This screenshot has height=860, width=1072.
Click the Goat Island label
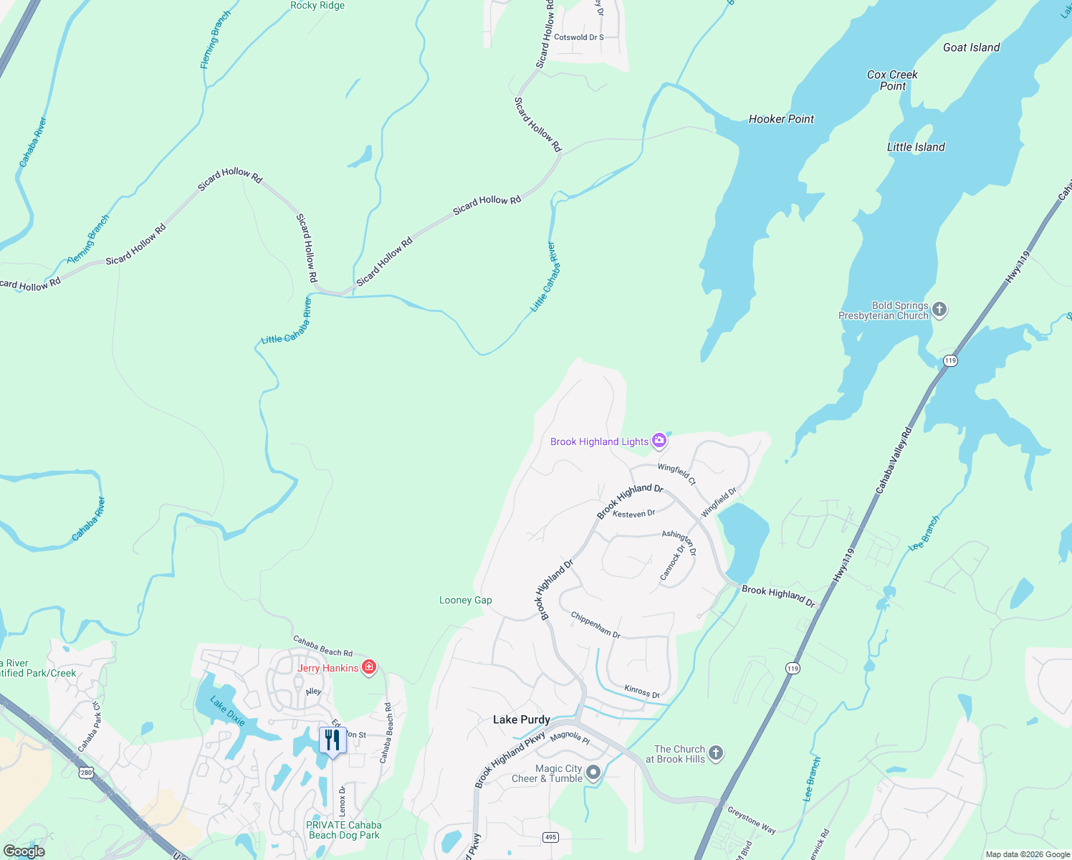[971, 47]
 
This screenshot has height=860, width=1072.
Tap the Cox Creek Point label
[892, 80]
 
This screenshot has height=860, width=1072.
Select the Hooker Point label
[781, 119]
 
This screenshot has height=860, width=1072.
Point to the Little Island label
[916, 147]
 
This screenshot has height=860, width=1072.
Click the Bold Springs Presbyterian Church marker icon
[939, 310]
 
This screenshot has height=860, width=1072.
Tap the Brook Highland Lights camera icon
[659, 441]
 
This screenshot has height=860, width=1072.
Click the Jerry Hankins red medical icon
[369, 668]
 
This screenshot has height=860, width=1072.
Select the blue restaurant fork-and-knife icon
[332, 740]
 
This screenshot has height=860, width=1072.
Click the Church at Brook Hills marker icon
[716, 753]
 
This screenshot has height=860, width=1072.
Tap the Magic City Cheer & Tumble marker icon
[593, 773]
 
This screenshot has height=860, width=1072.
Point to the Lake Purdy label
[521, 720]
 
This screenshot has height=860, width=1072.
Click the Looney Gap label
[465, 601]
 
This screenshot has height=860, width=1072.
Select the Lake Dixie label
[227, 710]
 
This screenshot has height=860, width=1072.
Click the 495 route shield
[550, 837]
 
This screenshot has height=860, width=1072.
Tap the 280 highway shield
[87, 773]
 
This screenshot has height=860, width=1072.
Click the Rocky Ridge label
[317, 6]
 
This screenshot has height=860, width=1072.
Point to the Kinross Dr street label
[641, 692]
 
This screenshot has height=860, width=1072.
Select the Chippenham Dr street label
[595, 624]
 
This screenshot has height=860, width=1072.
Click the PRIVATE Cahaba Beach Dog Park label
[344, 830]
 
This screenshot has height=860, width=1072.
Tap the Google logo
[24, 851]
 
